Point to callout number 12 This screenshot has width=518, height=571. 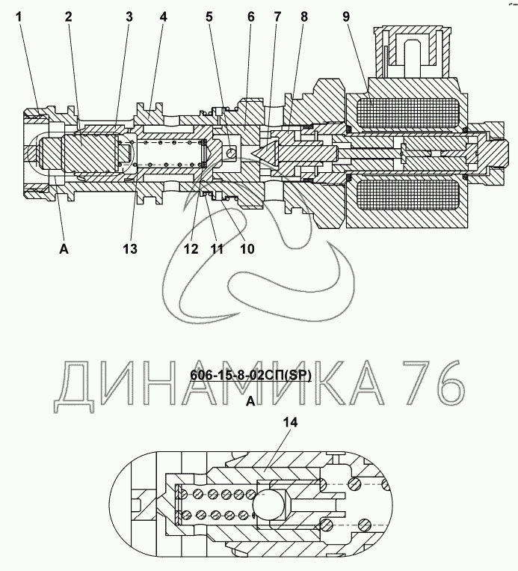[191, 249]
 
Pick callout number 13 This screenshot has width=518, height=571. [130, 249]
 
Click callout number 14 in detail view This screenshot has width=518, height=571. [290, 424]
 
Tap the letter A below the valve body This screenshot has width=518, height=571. [64, 249]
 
